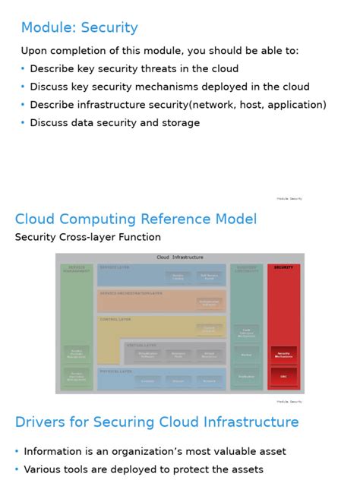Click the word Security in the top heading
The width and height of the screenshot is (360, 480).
[x=110, y=28]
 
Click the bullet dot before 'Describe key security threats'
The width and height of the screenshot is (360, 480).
[x=23, y=68]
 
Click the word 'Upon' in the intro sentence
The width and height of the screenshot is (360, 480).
[x=33, y=51]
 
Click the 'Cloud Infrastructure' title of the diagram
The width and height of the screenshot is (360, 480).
[x=180, y=257]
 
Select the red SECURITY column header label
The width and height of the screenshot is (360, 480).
[x=283, y=267]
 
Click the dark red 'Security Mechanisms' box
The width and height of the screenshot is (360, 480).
[x=283, y=354]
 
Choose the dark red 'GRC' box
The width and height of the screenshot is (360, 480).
[x=283, y=377]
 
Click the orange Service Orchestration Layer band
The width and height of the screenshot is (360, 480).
[x=161, y=300]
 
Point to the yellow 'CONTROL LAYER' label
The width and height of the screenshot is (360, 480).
[x=115, y=320]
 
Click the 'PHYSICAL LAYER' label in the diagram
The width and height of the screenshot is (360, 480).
[x=116, y=371]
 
